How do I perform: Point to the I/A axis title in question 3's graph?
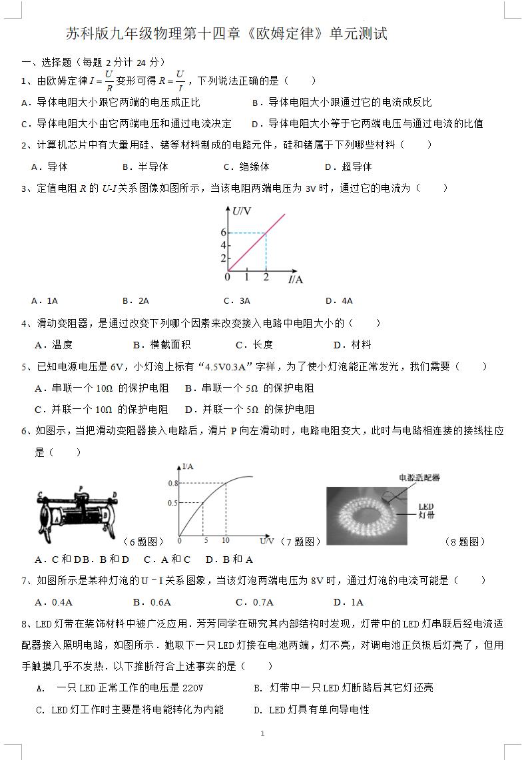coord(295,279)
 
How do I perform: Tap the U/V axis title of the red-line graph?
coord(241,211)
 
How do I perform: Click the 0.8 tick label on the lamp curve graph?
coord(172,483)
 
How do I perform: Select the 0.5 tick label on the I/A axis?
coord(172,502)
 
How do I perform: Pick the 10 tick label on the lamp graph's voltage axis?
coord(225,540)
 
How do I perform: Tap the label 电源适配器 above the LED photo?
coord(419,477)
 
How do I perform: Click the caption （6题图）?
coord(143,542)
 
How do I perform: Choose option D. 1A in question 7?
coord(348,602)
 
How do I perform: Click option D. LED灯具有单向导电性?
coord(311,709)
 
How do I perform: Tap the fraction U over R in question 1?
coord(109,81)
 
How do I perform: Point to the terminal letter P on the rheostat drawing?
coord(81,490)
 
